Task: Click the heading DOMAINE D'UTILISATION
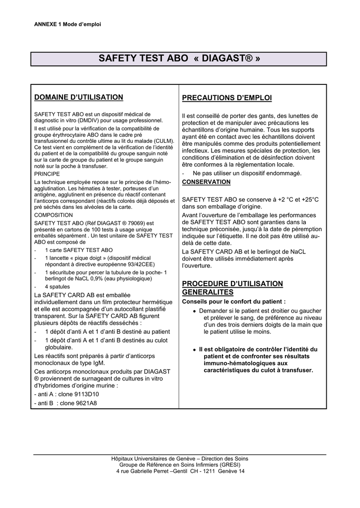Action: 78,97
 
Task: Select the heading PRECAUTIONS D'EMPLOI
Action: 227,98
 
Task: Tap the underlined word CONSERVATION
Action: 206,182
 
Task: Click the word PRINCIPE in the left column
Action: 47,174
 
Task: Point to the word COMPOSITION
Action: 53,215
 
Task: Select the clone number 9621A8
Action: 83,403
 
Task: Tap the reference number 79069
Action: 136,223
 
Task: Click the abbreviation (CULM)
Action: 164,141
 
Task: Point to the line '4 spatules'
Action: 57,287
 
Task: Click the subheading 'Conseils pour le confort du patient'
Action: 234,302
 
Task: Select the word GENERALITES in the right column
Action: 208,293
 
